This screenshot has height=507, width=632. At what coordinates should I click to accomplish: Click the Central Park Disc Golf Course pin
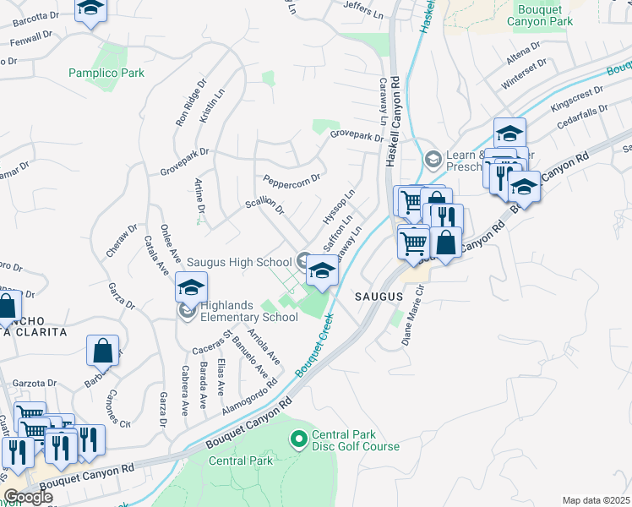click(x=297, y=439)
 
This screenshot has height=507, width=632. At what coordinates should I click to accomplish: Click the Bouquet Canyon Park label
click(x=546, y=14)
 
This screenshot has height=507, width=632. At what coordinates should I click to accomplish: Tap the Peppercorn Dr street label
click(x=291, y=179)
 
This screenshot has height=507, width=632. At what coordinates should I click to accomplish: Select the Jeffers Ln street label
click(x=364, y=6)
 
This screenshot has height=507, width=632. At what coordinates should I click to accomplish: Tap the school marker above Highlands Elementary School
click(x=192, y=287)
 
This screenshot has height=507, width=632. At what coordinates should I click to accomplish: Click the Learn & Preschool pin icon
click(x=433, y=158)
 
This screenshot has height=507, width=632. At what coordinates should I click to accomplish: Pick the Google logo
click(x=28, y=497)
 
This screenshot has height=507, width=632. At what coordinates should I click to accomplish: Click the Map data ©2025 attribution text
click(x=596, y=500)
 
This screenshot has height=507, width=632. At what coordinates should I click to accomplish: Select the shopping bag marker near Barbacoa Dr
click(x=102, y=349)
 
